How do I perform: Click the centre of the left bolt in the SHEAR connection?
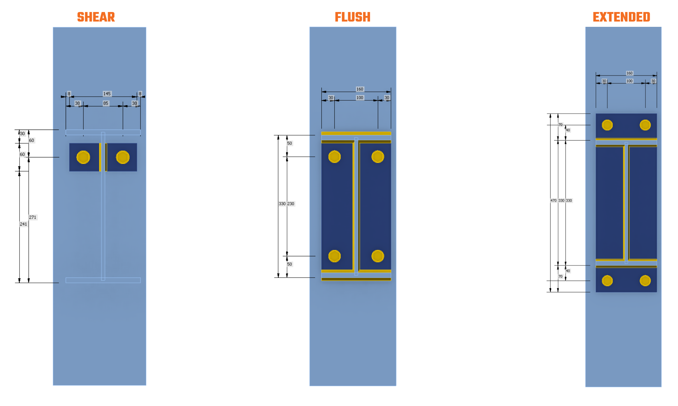tap(83, 157)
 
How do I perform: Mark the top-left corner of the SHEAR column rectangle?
tap(53, 27)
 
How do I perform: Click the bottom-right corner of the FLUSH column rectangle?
tap(396, 386)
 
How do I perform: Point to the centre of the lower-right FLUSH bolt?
tap(378, 256)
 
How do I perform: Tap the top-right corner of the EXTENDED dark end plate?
tap(657, 114)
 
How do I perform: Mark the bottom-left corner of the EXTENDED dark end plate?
tap(596, 292)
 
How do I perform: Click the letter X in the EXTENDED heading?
tap(604, 17)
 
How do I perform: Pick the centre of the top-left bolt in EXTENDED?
tap(607, 125)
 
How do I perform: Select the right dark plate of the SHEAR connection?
tap(122, 157)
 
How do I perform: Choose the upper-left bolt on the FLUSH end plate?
tap(334, 156)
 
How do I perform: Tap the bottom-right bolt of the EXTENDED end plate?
tap(645, 281)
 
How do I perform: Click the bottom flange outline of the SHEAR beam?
tap(103, 280)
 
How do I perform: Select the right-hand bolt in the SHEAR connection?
tap(123, 157)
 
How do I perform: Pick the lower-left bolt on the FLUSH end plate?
tap(334, 256)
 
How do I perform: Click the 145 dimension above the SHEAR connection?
tap(107, 94)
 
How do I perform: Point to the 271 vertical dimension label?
tap(33, 217)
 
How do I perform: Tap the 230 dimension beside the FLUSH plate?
tap(291, 204)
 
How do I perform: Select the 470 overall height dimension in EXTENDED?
tap(553, 201)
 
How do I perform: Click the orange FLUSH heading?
tap(353, 17)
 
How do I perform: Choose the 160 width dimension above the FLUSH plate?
tap(360, 89)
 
